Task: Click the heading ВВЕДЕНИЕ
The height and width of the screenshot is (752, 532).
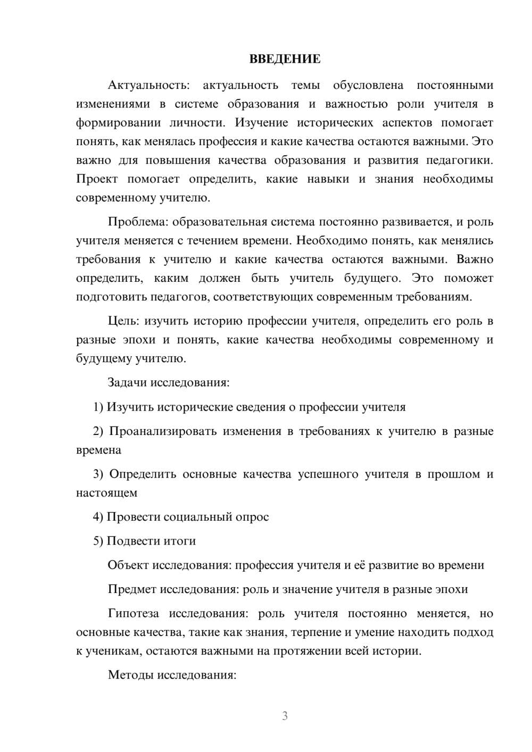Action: tap(285, 59)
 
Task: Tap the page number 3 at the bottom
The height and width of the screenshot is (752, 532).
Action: tap(285, 716)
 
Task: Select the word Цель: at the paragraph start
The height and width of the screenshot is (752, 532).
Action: tap(124, 321)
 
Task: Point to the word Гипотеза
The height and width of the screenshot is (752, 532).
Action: tap(133, 613)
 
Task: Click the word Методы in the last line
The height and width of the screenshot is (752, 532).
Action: tap(129, 675)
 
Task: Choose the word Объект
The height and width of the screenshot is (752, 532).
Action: tap(128, 565)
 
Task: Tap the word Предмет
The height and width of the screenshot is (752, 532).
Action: tap(132, 589)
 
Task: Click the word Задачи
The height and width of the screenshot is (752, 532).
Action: tap(127, 382)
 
